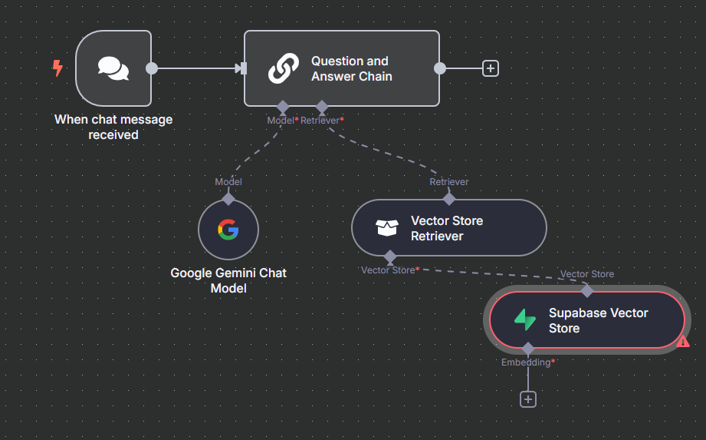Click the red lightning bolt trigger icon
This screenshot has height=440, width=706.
point(57,68)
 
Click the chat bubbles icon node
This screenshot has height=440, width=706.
point(113,68)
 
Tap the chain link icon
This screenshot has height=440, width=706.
point(283,68)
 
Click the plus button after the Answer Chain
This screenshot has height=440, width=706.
point(491,68)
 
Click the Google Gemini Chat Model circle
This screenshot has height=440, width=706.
point(228,230)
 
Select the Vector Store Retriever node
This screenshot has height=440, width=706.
point(448,228)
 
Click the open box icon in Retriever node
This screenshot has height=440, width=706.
point(387,228)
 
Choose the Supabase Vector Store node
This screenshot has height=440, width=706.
point(586,320)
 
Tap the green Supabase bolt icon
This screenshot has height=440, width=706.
point(525,320)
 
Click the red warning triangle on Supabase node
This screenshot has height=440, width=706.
point(683,342)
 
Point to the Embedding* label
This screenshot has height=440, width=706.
point(528,362)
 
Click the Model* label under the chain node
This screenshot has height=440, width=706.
point(282,121)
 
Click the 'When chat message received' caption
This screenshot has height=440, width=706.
point(113,127)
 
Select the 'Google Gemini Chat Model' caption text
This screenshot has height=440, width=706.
point(228,280)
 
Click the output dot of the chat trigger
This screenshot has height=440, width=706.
point(152,68)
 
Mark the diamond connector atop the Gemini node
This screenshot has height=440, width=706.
point(228,199)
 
